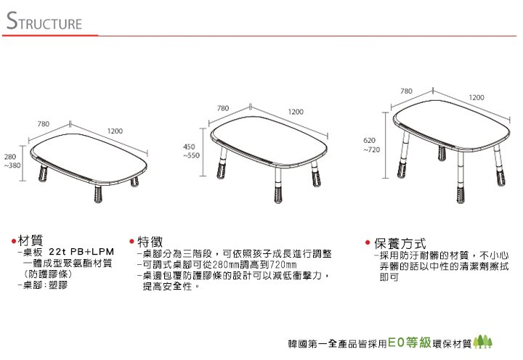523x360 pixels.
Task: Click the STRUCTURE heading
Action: [x=44, y=21]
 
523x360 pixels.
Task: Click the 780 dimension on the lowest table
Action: [x=44, y=124]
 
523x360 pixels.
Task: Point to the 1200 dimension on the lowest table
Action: [x=115, y=131]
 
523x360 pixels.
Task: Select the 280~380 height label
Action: [x=12, y=161]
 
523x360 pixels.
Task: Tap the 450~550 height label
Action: [x=191, y=151]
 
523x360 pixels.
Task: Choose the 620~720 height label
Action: [x=372, y=145]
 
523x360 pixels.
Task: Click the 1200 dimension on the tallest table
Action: [x=477, y=97]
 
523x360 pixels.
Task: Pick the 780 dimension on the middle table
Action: [x=223, y=108]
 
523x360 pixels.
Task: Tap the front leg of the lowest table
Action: [x=98, y=193]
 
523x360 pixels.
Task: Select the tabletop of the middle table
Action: [x=269, y=141]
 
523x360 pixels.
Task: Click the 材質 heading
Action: [x=31, y=240]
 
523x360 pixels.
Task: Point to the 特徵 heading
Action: [x=150, y=242]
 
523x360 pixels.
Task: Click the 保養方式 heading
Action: [x=400, y=243]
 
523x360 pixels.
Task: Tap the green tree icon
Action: [x=483, y=342]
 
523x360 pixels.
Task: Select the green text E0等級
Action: [x=410, y=343]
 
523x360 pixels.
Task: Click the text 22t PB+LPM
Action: [x=81, y=251]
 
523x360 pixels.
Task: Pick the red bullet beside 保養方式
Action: [x=368, y=242]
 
